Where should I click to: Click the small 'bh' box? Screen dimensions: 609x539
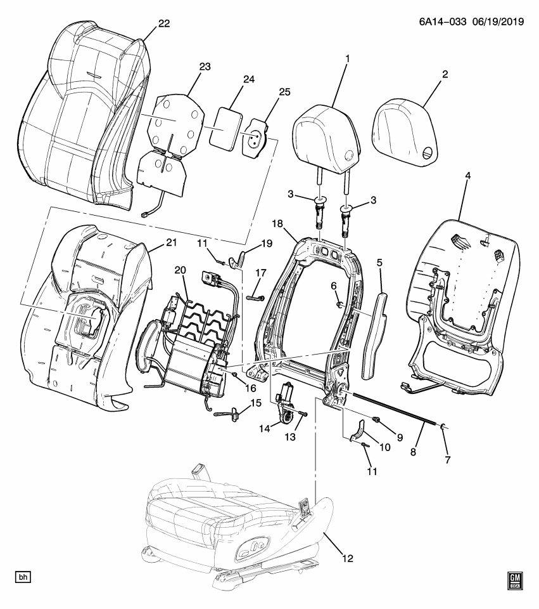coord(23,577)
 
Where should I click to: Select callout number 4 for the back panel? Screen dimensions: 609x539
coord(467,174)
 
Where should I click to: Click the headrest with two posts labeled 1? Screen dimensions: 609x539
coord(326,136)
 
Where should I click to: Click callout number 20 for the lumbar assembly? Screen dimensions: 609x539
coord(180,270)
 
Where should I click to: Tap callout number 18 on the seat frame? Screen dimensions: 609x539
coord(277,223)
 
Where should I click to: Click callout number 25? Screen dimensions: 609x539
coord(284,92)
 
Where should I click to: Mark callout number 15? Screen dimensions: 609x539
coord(256,403)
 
